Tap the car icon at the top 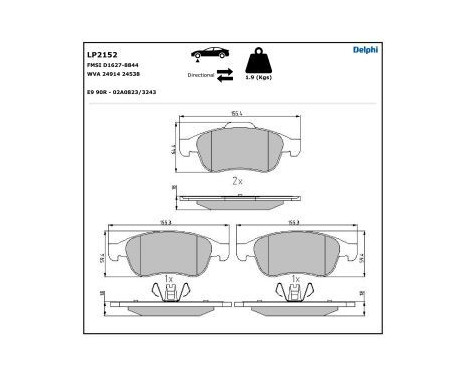pos(206,56)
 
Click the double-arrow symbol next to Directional pos(225,73)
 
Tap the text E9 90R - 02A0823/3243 pos(121,91)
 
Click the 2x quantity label pos(236,181)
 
